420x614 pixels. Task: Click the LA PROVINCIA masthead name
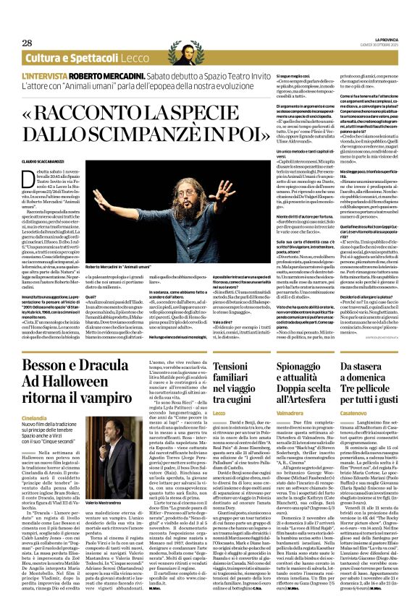pos(386,40)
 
